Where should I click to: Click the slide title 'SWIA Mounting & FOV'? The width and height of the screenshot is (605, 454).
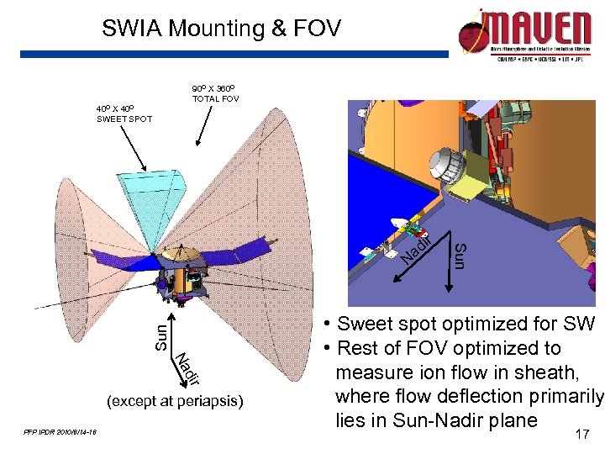tap(221, 29)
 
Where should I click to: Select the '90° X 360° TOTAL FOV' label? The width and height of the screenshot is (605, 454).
tap(215, 93)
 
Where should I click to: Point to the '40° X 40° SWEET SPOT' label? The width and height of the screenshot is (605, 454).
tap(124, 113)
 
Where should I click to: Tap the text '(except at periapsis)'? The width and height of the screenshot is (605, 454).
tap(176, 401)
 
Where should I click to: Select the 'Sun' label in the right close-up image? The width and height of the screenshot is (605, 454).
tap(460, 255)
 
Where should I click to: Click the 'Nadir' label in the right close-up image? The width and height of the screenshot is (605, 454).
tap(415, 245)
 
